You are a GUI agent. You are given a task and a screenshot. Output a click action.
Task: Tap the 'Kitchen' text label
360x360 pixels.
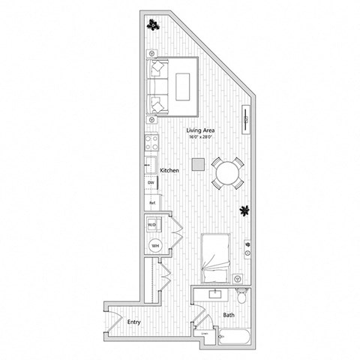pyautogui.click(x=169, y=171)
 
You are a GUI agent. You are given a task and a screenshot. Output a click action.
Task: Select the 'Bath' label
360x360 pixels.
pyautogui.click(x=229, y=316)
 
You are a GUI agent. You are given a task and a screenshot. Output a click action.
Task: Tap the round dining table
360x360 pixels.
pyautogui.click(x=226, y=174)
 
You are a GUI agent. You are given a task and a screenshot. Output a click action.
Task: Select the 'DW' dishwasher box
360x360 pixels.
pyautogui.click(x=151, y=182)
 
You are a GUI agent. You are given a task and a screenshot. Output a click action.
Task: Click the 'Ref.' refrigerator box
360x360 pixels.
pyautogui.click(x=151, y=202)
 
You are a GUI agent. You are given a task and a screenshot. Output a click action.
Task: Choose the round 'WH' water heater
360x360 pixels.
pyautogui.click(x=155, y=244)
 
